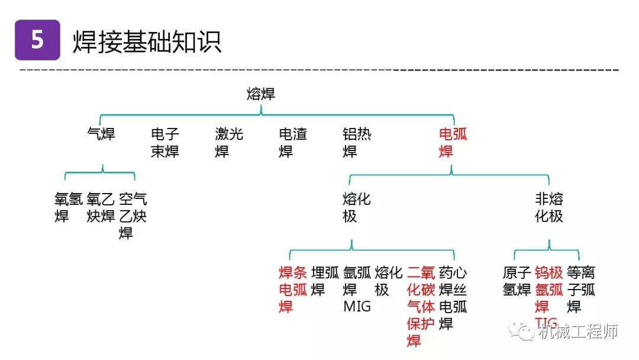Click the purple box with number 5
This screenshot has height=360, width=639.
click(37, 40)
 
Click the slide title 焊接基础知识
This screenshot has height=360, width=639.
click(147, 41)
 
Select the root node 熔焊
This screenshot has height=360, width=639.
click(261, 94)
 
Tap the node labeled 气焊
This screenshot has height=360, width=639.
click(101, 134)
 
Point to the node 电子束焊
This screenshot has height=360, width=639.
click(165, 143)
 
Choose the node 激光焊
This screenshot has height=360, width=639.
click(229, 143)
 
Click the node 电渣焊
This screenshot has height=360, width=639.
click(293, 143)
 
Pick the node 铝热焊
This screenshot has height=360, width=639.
click(357, 143)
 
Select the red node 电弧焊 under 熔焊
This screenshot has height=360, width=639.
click(453, 143)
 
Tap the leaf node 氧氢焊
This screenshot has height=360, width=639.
click(69, 207)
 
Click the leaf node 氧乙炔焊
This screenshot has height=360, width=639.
click(101, 207)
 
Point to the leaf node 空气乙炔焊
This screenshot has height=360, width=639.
click(133, 216)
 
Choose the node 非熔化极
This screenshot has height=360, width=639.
click(549, 207)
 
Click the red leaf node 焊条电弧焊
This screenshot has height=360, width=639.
click(293, 290)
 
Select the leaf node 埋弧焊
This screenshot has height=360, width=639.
click(325, 281)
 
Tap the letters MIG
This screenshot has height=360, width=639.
click(357, 307)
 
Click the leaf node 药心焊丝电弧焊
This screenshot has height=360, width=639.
click(453, 298)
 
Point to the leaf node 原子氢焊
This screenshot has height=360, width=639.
click(517, 281)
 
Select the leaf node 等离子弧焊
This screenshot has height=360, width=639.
click(581, 290)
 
